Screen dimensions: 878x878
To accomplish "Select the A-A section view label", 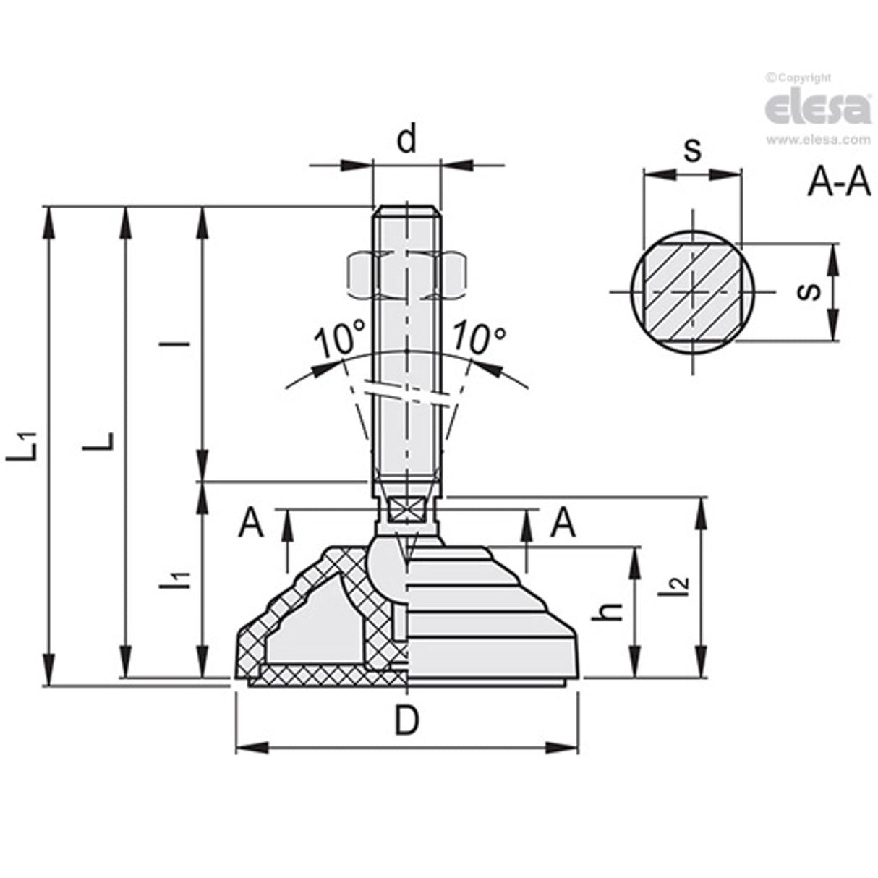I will click(838, 183).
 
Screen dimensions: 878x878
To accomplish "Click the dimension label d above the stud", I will click(407, 140).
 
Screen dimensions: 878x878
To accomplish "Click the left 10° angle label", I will click(338, 340).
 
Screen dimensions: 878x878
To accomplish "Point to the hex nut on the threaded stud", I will click(406, 276).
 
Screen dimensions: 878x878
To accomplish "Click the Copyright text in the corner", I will click(799, 77).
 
